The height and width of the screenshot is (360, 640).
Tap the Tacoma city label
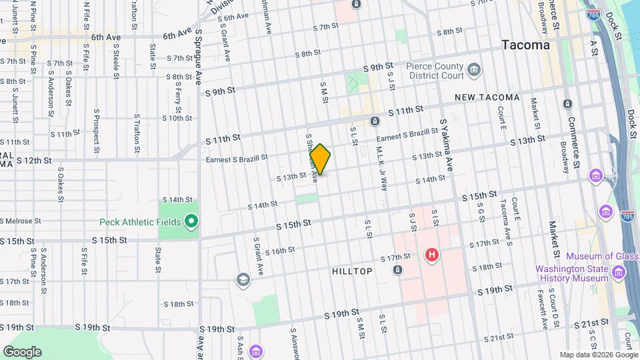coord(526,45)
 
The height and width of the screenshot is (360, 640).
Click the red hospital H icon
coord(431,255)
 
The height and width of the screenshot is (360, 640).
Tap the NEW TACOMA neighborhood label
coord(487,97)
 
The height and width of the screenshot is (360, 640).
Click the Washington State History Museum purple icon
coord(618,273)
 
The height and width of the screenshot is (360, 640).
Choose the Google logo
coord(22,352)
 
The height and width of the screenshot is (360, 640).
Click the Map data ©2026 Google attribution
coord(598,355)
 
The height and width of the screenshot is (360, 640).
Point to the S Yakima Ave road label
coord(446,146)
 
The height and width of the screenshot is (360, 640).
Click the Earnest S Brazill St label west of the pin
coord(237,158)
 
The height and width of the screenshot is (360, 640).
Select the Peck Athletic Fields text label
coord(141,222)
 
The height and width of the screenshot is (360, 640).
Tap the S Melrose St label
coord(21,221)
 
